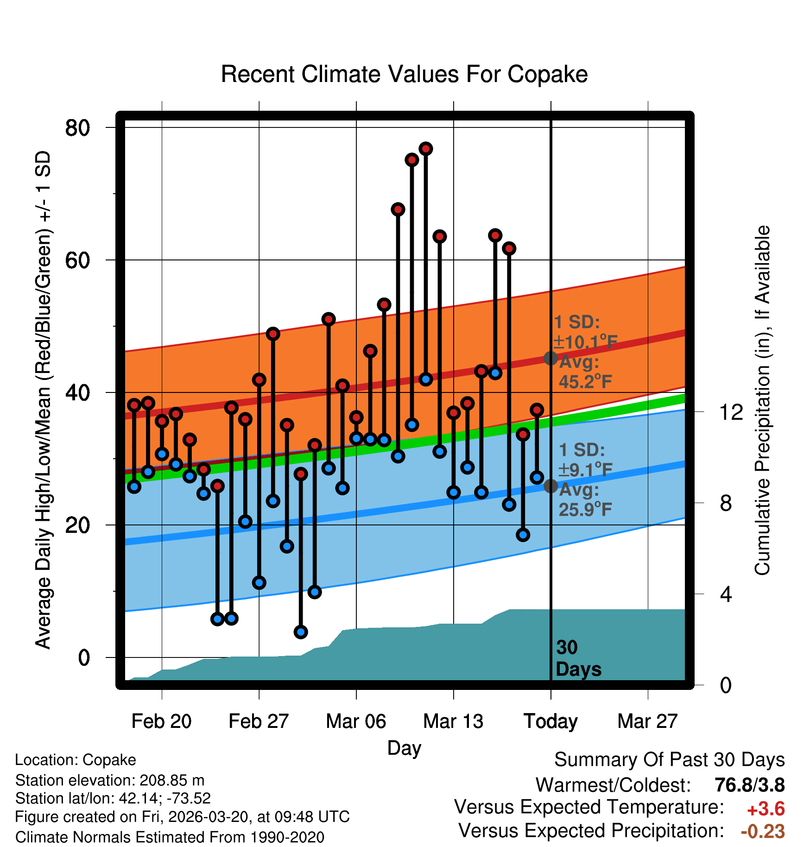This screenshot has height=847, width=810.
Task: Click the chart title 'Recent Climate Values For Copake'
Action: point(404,74)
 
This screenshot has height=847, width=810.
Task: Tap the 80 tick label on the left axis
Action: point(77,128)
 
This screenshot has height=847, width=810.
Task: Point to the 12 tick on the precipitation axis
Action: point(731,412)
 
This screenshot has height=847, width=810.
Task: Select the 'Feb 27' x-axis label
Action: point(259,721)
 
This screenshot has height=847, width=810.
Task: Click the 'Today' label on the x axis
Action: point(551,721)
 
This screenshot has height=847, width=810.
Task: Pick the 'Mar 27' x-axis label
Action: point(647,721)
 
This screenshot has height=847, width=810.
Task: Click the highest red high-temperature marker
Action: point(426,149)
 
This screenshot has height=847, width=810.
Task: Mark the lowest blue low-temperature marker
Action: point(301,632)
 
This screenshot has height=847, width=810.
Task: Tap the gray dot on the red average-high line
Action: point(551,358)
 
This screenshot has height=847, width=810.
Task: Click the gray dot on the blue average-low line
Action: point(551,486)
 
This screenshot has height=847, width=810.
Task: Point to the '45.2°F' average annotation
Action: point(585,381)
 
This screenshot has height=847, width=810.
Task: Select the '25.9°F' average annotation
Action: point(585,509)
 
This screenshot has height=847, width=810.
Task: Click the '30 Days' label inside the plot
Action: point(578,658)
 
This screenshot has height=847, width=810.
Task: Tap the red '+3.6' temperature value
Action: point(766,809)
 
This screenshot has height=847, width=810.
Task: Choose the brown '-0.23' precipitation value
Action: point(763,831)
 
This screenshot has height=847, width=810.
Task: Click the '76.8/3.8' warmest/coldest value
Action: point(749,785)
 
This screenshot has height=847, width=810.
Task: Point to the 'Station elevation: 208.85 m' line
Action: point(110,780)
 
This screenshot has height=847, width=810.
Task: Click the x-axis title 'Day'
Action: point(404,748)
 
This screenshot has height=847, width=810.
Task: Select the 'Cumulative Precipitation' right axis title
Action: point(762,400)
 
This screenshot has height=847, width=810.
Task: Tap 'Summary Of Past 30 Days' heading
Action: point(669,760)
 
